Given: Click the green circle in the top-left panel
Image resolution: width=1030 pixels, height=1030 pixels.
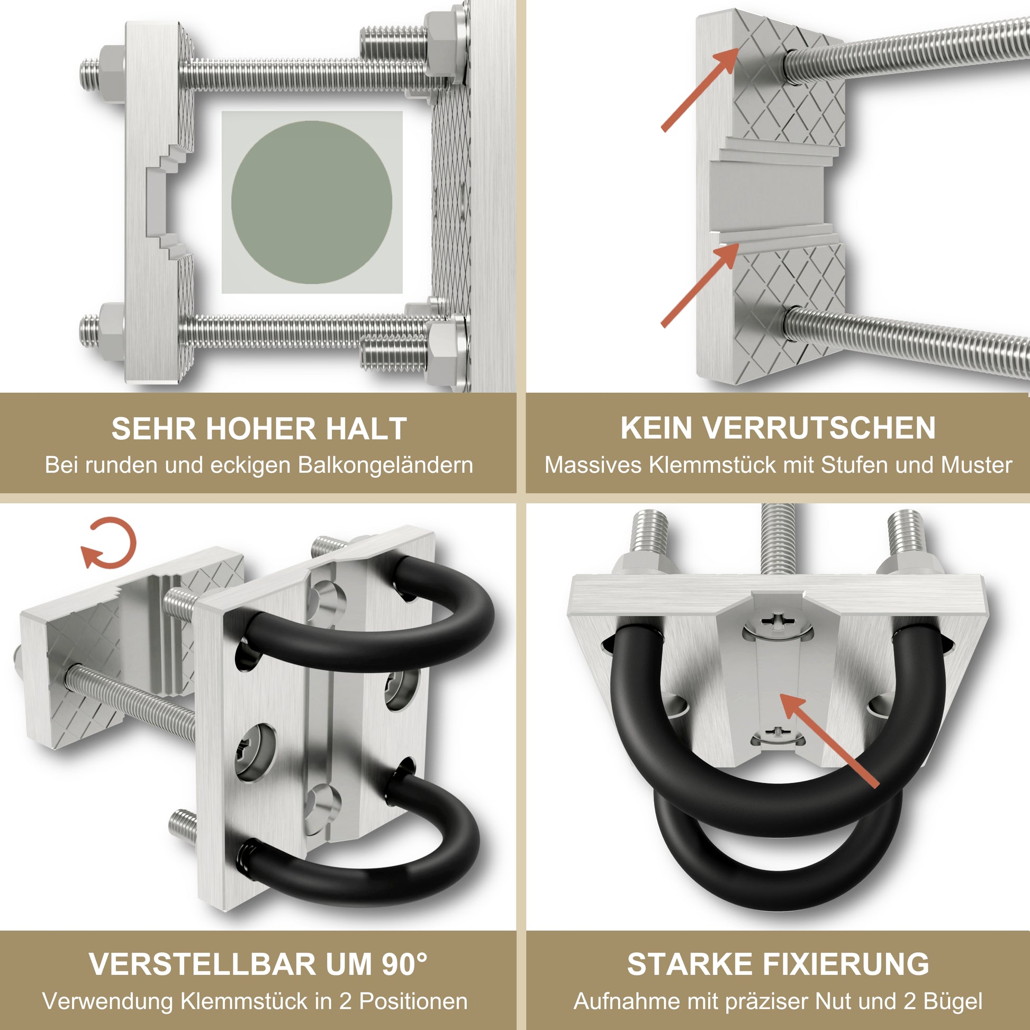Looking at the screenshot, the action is (x=312, y=202).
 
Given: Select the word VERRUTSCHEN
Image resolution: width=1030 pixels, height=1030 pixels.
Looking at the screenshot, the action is (x=818, y=428).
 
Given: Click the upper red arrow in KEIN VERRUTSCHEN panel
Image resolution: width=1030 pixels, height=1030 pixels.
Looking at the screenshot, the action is (x=700, y=88).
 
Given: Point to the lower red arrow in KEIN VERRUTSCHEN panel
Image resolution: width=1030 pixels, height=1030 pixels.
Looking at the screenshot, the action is (x=700, y=285).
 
